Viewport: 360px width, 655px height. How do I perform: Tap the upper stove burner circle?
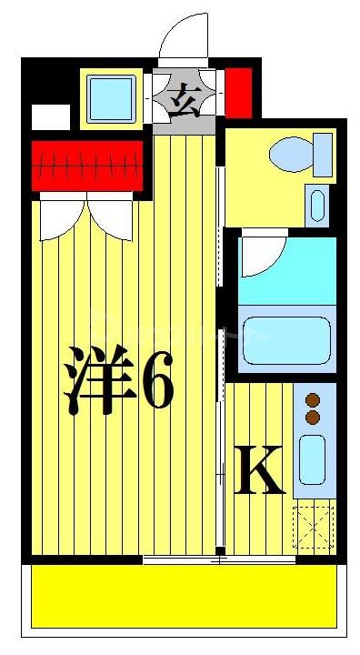click(314, 399)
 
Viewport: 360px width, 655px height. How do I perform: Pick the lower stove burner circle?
click(314, 417)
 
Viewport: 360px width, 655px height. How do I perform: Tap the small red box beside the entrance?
click(238, 92)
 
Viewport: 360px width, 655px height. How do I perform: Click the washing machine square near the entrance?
click(111, 95)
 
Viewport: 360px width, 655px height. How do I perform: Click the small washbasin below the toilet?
click(316, 205)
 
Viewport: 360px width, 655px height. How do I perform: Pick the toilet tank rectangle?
click(323, 154)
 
